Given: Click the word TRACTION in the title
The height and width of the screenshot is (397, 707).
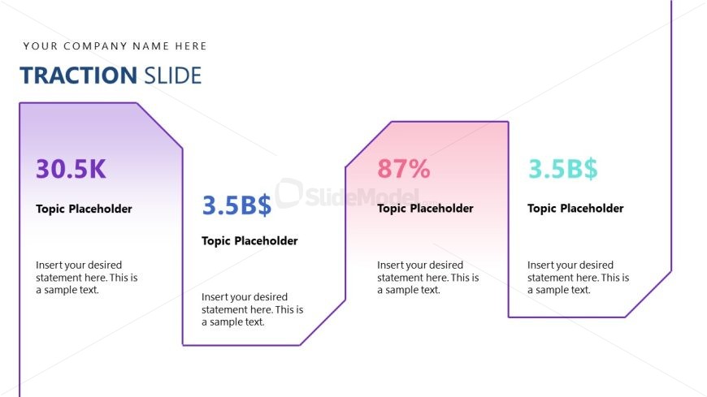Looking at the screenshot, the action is pos(79,76).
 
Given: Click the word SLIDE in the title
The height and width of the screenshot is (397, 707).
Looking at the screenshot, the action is pos(172,76).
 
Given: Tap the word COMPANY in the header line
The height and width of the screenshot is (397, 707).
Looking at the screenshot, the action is pos(95,46).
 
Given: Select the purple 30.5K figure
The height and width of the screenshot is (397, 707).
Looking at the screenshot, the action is pos(71,169).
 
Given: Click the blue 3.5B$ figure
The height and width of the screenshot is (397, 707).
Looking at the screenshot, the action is pos(236,205).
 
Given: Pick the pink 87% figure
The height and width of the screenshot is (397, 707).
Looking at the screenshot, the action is pos(404,169).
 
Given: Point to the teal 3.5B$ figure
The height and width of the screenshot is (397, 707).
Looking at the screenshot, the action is pos(562,169).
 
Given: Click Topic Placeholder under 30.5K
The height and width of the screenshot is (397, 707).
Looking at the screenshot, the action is pos(84,209).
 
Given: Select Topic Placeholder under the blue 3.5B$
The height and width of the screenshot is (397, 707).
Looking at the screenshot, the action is pos(249,241).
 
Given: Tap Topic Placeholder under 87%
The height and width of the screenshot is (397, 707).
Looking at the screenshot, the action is pos(425,209).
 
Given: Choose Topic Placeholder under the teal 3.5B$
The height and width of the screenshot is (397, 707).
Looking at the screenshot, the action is pos(575,209).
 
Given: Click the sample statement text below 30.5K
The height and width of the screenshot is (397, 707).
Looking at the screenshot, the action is pos(87,278).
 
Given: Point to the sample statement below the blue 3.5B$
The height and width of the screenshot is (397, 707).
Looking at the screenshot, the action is pos(252,309).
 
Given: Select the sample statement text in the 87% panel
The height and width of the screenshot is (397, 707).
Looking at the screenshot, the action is pos(428,278).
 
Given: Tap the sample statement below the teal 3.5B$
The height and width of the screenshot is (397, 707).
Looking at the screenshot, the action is pos(578,278).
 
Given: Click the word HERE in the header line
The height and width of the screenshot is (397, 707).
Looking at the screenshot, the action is pos(191,46).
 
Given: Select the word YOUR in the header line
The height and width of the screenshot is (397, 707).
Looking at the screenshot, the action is pos(41,46).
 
